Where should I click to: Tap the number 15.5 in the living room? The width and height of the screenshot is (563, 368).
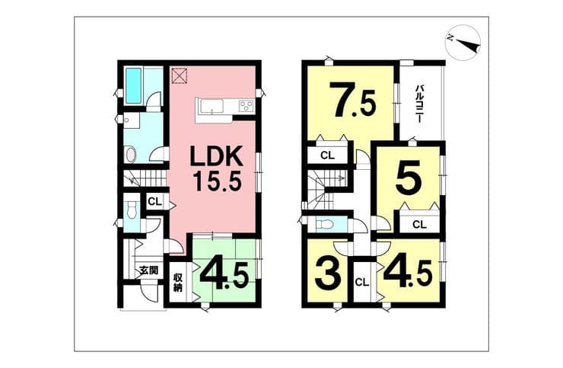coord(217,181)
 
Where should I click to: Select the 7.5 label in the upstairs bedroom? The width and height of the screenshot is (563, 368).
coord(353,101)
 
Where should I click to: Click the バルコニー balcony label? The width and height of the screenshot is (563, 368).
coord(418,104)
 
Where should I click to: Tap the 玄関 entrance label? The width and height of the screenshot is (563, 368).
coord(148,270)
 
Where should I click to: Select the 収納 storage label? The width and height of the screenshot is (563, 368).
coord(178,283)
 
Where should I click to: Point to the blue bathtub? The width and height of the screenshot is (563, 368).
coord(133,85)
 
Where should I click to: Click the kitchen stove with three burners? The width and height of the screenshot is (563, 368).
coord(246,105)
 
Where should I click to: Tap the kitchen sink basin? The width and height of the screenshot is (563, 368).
coord(212,107)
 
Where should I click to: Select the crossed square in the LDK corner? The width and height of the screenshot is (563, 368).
coord(180,75)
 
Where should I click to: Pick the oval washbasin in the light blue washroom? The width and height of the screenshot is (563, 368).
coord(130,155)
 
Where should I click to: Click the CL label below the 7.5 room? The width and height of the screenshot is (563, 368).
coord(327,155)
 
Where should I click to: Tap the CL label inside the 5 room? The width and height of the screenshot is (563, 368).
coord(419,225)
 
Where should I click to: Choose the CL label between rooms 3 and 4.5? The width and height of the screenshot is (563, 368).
coord(362,283)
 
